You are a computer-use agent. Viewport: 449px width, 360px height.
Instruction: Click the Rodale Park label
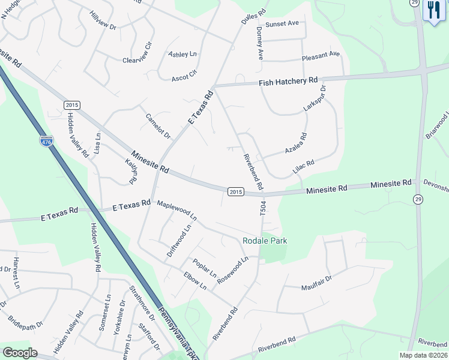tap(265, 241)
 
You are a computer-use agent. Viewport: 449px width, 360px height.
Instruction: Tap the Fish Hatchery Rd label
tap(288, 82)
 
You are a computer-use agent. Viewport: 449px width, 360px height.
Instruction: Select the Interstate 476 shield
tap(46, 142)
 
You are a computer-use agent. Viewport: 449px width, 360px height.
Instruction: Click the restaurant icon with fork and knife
tap(432, 10)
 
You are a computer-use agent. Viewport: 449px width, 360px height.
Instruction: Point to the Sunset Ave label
tap(282, 23)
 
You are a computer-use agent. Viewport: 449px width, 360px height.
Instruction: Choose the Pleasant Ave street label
tap(321, 55)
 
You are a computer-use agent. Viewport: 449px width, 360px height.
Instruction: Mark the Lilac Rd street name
tap(303, 164)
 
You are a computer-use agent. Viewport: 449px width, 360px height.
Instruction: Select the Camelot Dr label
tap(158, 125)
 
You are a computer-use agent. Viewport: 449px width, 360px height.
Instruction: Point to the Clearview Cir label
tap(138, 52)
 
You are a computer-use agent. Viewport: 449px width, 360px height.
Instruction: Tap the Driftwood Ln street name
tap(181, 239)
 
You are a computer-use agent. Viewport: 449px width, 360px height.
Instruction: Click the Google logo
tap(20, 353)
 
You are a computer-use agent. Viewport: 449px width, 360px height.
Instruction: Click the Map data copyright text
tap(423, 355)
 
